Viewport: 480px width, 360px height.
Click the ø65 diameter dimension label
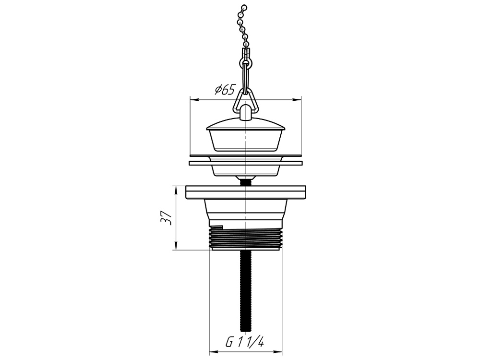225,90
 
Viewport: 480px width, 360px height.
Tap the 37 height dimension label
166,217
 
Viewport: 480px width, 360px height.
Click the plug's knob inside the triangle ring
245,112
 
